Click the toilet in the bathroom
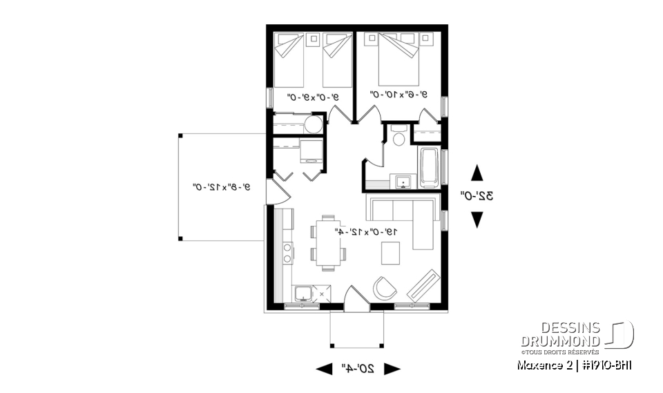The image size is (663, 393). [x=398, y=137]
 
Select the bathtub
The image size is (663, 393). [x=428, y=166]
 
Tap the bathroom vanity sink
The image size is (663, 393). [x=404, y=182]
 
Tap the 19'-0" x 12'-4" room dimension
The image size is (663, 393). [x=365, y=231]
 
